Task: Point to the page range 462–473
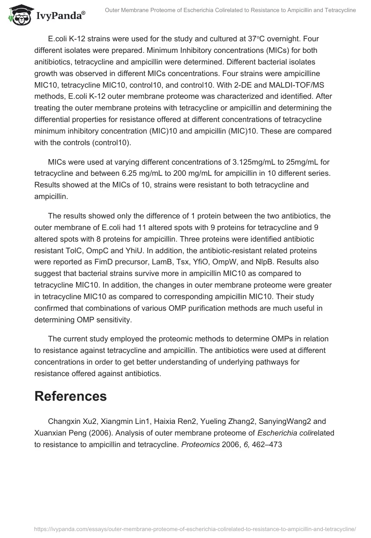point(266,444)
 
